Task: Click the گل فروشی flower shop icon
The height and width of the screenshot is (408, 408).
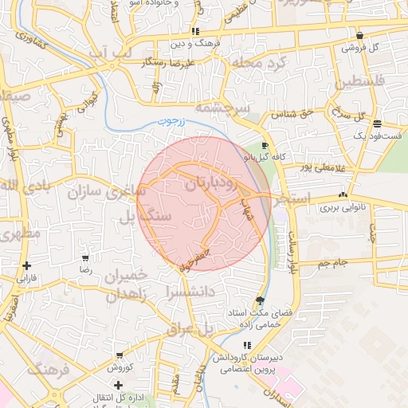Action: tap(361, 35)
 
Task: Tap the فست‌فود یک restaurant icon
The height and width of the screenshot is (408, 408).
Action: tap(377, 124)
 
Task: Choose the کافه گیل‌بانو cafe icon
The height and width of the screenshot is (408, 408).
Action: tap(265, 146)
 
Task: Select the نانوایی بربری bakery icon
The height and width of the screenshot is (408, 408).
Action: tap(343, 194)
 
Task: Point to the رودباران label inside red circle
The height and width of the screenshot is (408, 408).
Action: tap(210, 182)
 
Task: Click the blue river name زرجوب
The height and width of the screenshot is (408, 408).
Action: tap(168, 122)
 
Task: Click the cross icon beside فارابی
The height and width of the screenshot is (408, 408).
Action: tap(27, 265)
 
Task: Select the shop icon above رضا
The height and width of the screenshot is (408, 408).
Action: tap(86, 258)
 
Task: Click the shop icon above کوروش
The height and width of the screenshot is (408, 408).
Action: tap(119, 355)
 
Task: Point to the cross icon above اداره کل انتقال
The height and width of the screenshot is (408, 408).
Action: tap(119, 385)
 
